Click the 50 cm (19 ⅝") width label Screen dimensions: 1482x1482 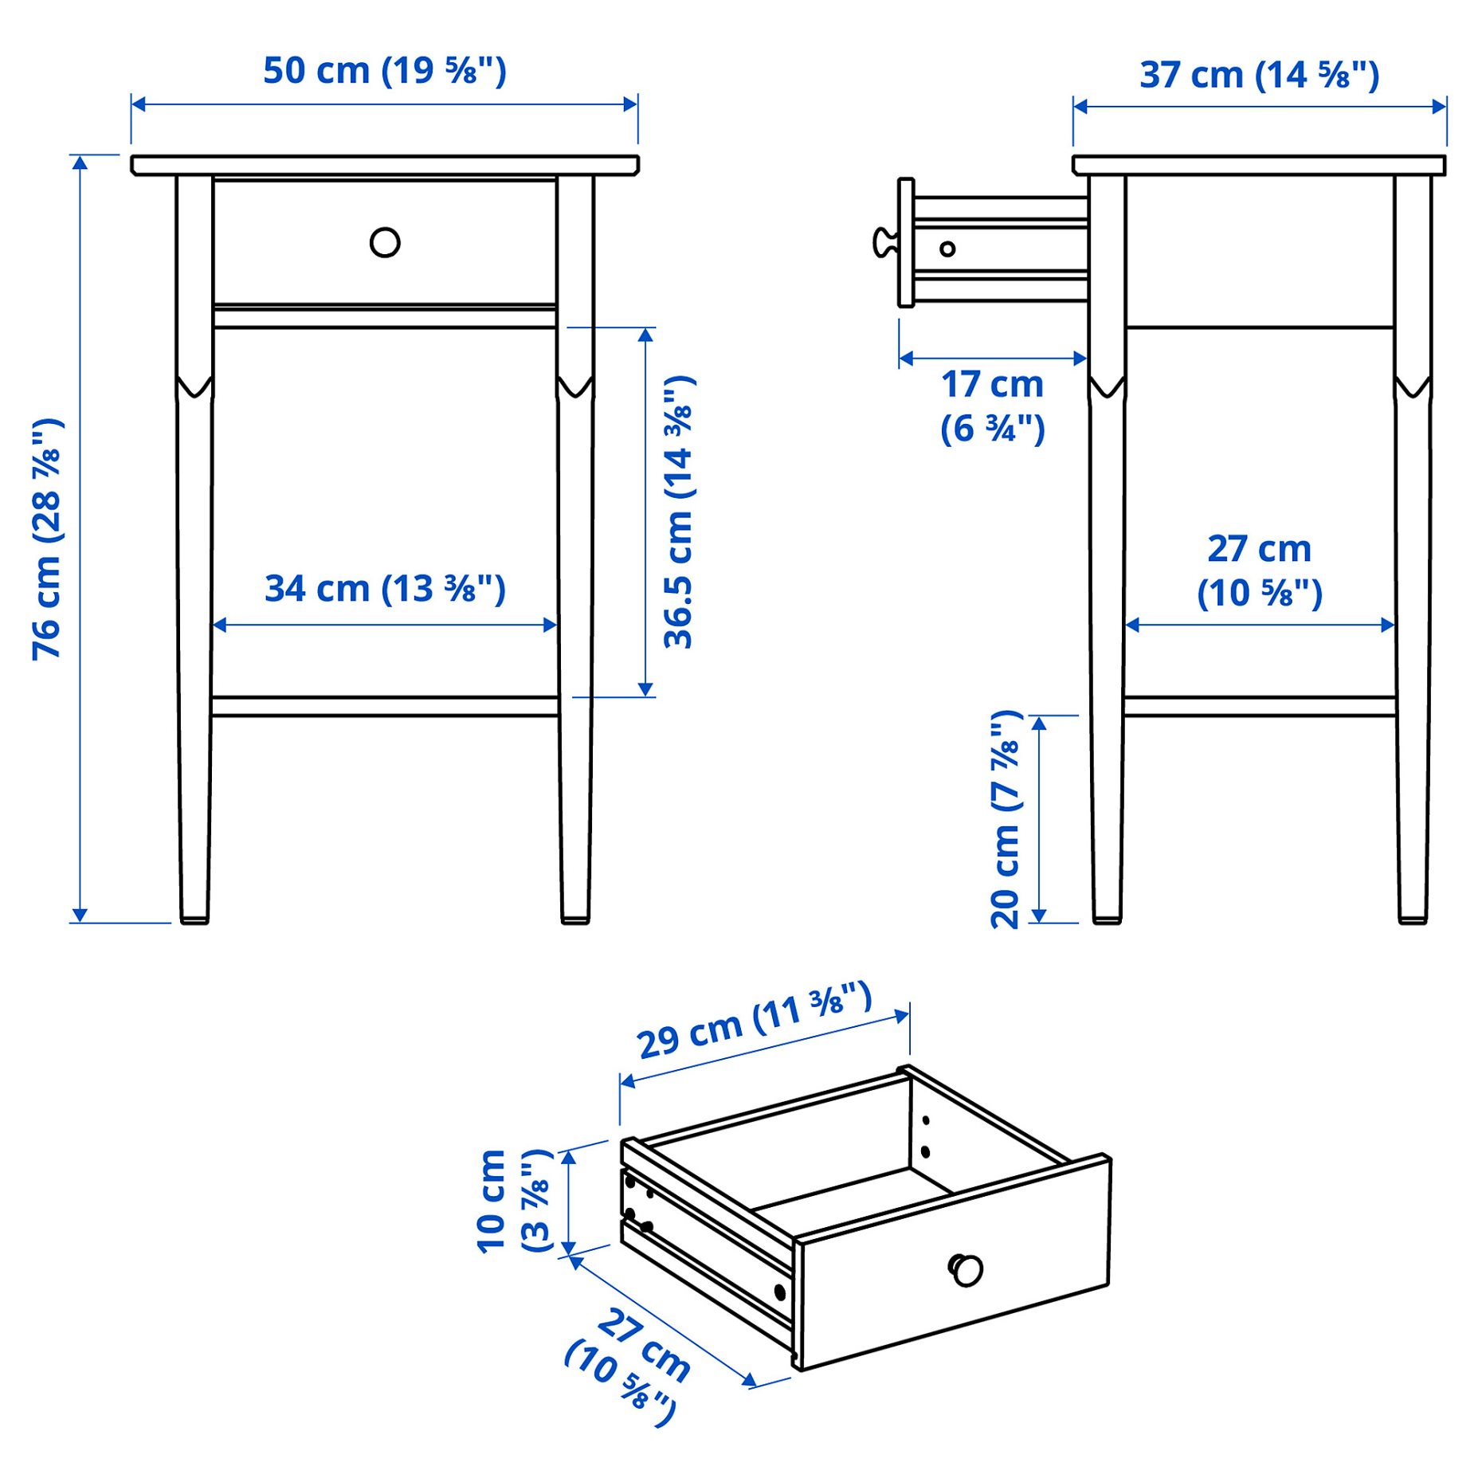coord(384,71)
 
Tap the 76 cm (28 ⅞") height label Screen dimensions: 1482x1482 coord(48,539)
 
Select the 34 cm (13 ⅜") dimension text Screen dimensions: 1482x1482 coord(385,589)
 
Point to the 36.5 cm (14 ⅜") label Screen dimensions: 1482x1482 coord(679,512)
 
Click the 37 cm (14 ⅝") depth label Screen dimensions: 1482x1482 coord(1259,76)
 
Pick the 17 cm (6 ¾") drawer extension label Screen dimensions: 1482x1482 coord(992,406)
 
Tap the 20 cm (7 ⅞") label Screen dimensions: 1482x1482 coord(1006,819)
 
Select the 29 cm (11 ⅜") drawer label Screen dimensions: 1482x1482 coord(754,1021)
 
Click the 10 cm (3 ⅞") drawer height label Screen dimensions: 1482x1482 coord(513,1202)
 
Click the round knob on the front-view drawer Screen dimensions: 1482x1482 coord(385,242)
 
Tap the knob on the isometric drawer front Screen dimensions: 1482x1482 coord(966,1270)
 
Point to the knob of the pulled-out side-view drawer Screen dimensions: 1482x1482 coord(884,242)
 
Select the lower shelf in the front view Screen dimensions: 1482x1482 coord(385,707)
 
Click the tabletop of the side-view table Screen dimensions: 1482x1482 coord(1259,166)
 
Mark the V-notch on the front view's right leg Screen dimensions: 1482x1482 coord(574,388)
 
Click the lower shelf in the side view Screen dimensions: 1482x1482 coord(1259,707)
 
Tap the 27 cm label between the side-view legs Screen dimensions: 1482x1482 coord(1259,570)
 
